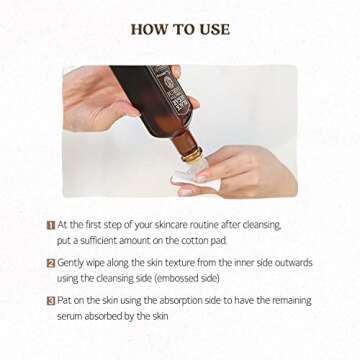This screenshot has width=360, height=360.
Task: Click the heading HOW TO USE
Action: click(x=180, y=29)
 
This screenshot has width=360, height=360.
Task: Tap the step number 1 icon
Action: click(x=51, y=226)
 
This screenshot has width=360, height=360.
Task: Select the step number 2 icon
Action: click(x=51, y=263)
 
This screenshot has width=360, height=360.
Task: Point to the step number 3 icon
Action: click(x=51, y=301)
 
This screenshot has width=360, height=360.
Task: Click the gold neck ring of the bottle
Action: click(x=193, y=155)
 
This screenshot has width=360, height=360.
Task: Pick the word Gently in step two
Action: click(x=69, y=263)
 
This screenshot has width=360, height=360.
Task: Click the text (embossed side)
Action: click(x=187, y=278)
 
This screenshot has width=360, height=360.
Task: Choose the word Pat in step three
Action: click(x=63, y=300)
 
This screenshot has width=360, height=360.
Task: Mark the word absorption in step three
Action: click(x=180, y=301)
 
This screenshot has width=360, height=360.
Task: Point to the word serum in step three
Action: click(x=70, y=316)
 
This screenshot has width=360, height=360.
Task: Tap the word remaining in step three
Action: click(x=292, y=301)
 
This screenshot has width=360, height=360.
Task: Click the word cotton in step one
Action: click(x=194, y=241)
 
